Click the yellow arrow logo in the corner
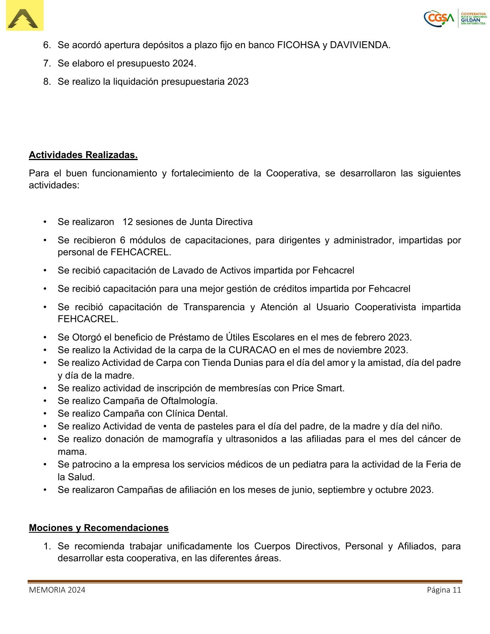(x=24, y=16)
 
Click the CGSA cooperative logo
(x=455, y=18)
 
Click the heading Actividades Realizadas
(x=83, y=155)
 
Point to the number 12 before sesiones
(x=128, y=222)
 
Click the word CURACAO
(x=252, y=350)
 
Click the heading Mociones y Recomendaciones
(x=98, y=528)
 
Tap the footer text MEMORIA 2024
(x=57, y=590)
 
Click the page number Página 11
(x=444, y=590)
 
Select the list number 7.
(x=47, y=63)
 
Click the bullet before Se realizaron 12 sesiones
(x=45, y=222)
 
